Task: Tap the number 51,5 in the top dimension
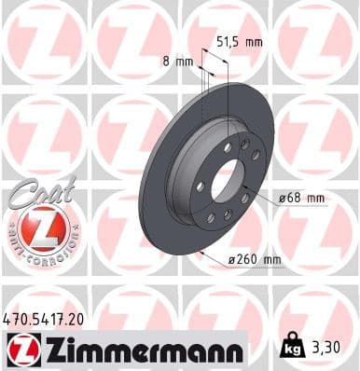pos(228,41)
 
